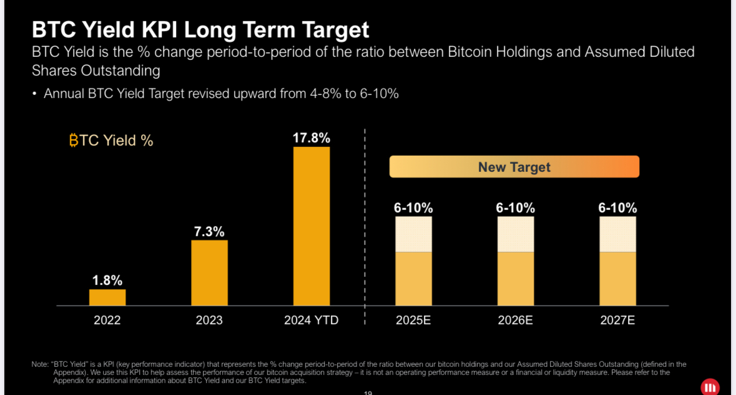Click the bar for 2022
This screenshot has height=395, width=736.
[107, 297]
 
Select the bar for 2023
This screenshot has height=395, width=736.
[209, 273]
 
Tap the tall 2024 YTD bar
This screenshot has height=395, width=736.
[312, 226]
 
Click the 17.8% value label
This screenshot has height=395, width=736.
[312, 138]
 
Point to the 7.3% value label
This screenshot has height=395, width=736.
[209, 231]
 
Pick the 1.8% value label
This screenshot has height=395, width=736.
[107, 280]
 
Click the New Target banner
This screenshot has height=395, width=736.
[514, 167]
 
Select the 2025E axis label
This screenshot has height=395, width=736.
[413, 321]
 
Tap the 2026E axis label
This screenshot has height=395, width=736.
[515, 321]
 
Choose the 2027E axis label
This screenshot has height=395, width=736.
[617, 321]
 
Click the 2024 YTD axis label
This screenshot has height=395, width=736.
[312, 321]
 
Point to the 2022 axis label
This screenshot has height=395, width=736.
[107, 321]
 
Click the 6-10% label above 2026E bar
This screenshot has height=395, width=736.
[516, 208]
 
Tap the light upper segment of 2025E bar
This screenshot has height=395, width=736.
[413, 234]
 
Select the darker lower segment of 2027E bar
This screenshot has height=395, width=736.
[617, 279]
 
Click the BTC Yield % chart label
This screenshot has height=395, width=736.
[111, 141]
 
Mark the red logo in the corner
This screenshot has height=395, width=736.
[710, 387]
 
